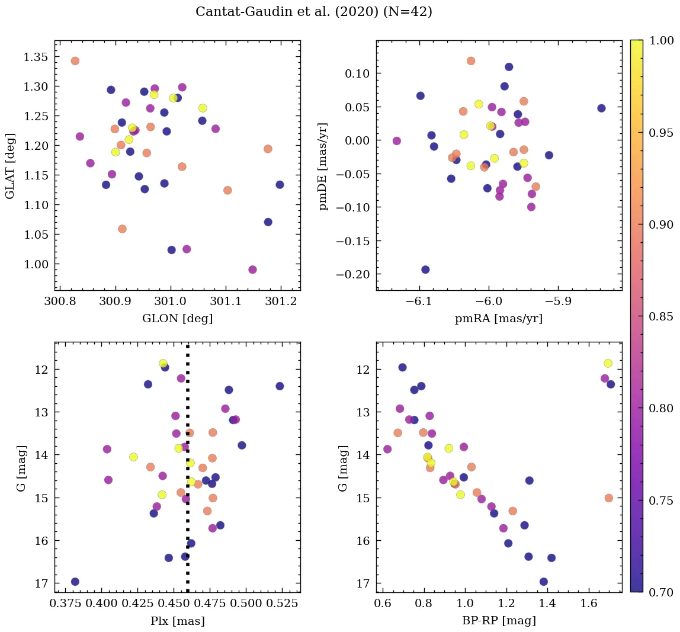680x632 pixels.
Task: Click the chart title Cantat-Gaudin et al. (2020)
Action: tap(314, 12)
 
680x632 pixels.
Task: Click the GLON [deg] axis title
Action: tap(177, 319)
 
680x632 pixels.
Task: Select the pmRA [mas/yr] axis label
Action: tap(499, 319)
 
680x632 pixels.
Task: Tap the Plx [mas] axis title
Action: tap(177, 621)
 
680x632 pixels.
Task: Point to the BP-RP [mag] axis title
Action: tap(499, 621)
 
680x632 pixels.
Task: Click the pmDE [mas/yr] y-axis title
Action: tap(323, 166)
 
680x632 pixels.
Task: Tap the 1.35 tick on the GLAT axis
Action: tap(35, 57)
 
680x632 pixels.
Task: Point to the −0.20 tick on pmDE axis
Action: tap(352, 274)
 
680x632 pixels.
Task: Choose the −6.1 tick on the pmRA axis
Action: tap(419, 301)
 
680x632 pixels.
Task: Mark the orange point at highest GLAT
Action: tap(75, 61)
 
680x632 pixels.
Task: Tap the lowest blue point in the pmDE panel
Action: tap(425, 270)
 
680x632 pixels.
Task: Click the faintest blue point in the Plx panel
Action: tap(75, 582)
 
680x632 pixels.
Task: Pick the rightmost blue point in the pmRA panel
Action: tap(601, 108)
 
